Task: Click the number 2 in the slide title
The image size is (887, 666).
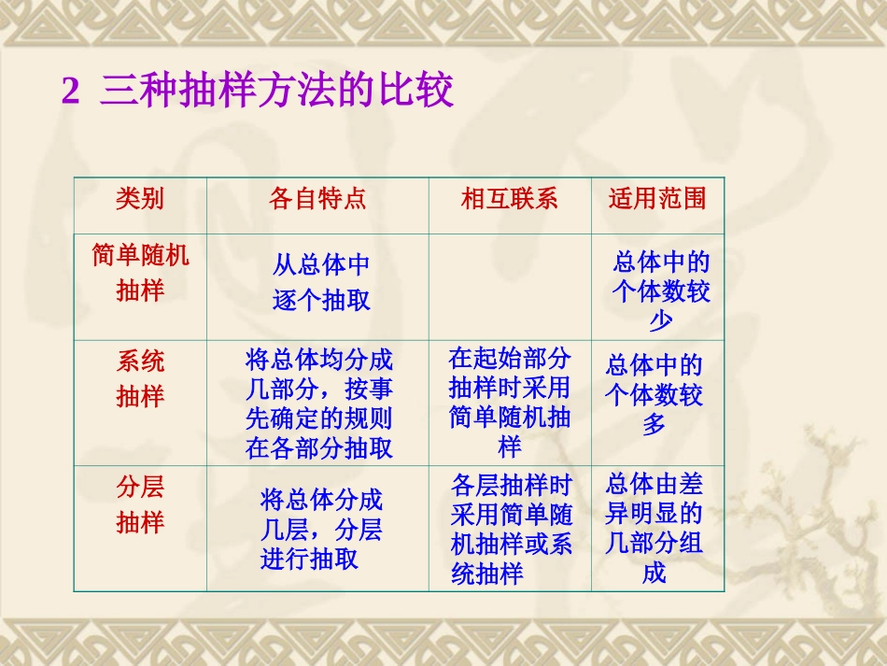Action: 71,92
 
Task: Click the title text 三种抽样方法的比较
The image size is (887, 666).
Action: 276,92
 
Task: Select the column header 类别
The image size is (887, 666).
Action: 140,198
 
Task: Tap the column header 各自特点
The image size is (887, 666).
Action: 317,198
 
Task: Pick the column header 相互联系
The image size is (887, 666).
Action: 509,198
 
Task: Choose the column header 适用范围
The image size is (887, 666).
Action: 657,198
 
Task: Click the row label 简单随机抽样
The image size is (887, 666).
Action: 140,273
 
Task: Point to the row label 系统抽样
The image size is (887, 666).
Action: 140,378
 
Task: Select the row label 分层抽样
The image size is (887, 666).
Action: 140,504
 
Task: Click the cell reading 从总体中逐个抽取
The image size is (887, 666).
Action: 321,283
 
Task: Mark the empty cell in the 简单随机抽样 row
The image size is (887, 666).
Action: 510,286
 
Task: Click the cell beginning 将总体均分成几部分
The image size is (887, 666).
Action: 319,404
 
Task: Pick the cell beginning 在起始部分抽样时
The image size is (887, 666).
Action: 510,403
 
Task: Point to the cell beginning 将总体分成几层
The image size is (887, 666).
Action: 321,530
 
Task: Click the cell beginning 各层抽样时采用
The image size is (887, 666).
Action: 511,529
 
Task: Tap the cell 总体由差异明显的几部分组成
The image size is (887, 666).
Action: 654,529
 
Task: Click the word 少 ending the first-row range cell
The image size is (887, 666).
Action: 660,321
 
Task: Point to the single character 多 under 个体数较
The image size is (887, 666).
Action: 654,425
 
